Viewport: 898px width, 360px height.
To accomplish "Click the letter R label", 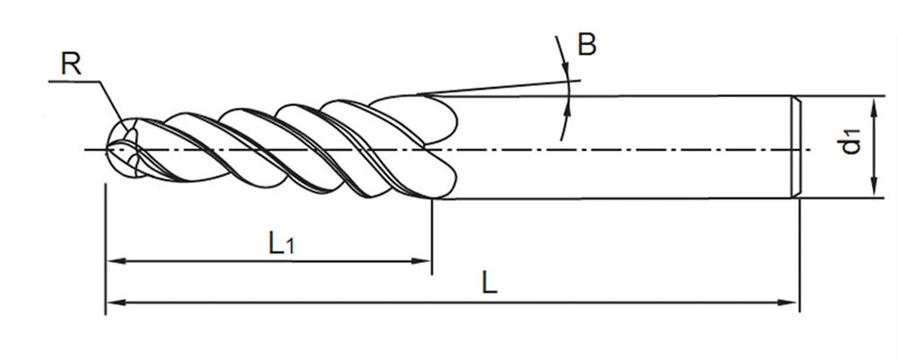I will tap(71, 64).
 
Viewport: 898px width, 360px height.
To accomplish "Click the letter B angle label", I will tap(586, 45).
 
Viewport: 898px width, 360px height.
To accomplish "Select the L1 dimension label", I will tap(280, 242).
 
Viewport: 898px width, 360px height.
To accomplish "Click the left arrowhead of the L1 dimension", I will tap(114, 262).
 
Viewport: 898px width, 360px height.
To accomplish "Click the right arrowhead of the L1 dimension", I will tap(425, 262).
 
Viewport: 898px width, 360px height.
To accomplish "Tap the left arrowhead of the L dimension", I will tap(114, 303).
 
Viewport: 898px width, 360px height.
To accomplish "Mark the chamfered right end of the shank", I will tap(795, 146).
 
